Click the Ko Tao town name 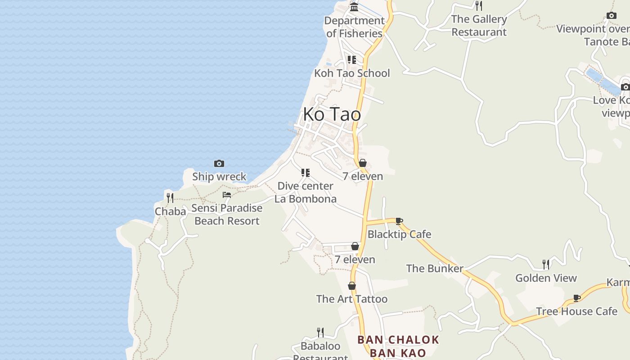332,114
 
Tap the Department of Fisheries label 354,27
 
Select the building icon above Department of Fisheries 354,7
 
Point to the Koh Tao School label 352,73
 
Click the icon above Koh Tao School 352,60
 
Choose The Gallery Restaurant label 479,26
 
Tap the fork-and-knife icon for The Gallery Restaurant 479,6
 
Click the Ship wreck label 219,176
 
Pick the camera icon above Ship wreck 219,163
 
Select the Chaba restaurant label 170,211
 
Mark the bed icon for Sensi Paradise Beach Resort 227,195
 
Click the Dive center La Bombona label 306,192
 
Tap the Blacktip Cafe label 399,234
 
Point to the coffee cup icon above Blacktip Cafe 399,221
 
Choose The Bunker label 435,269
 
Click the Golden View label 546,278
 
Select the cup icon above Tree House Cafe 576,298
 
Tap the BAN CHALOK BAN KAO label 398,346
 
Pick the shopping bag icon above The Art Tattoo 352,286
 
